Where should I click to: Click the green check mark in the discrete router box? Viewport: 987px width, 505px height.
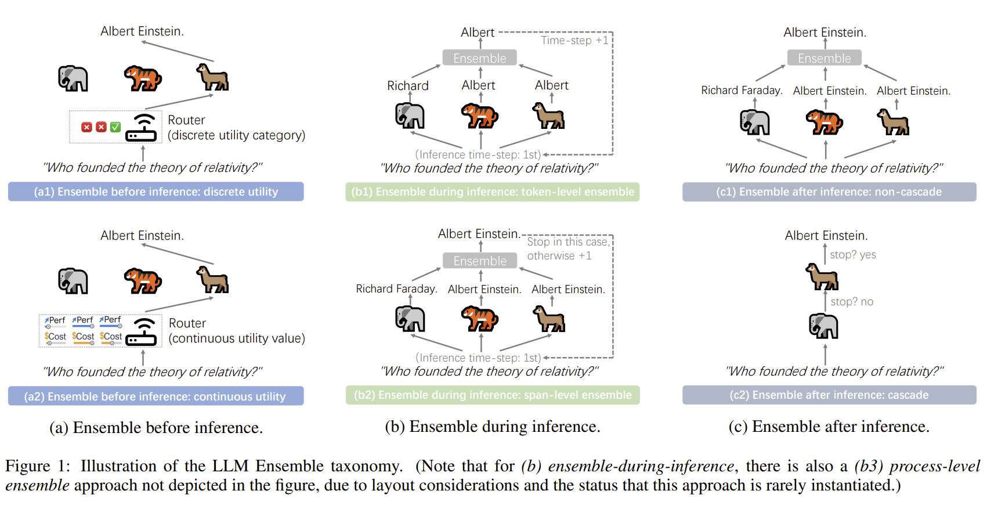pyautogui.click(x=115, y=127)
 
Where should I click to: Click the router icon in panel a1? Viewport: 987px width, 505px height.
pyautogui.click(x=141, y=128)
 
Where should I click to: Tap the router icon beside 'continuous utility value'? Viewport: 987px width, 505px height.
pyautogui.click(x=141, y=332)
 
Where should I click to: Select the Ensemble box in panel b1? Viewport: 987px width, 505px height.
pyautogui.click(x=479, y=57)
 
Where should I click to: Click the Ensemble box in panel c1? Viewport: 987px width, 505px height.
pyautogui.click(x=824, y=57)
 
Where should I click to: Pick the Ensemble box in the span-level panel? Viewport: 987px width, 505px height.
pyautogui.click(x=480, y=261)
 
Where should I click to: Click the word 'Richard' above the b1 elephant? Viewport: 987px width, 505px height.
pyautogui.click(x=407, y=85)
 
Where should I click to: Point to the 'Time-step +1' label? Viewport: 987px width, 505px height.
pyautogui.click(x=574, y=41)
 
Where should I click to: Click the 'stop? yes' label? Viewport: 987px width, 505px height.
pyautogui.click(x=852, y=255)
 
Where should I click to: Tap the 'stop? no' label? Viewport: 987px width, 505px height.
pyautogui.click(x=852, y=302)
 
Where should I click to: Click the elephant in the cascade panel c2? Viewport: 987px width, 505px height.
pyautogui.click(x=823, y=326)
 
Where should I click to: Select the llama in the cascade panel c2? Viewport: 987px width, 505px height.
pyautogui.click(x=822, y=277)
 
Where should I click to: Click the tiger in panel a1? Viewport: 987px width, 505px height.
pyautogui.click(x=143, y=78)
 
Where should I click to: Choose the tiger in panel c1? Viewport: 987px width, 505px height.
pyautogui.click(x=825, y=122)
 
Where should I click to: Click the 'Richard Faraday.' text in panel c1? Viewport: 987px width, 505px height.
pyautogui.click(x=742, y=91)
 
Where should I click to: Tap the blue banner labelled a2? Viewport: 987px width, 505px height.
pyautogui.click(x=156, y=396)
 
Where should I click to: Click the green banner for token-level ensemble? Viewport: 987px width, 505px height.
pyautogui.click(x=492, y=192)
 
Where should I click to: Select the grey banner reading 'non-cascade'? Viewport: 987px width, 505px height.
pyautogui.click(x=829, y=192)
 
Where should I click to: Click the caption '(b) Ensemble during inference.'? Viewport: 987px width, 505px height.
pyautogui.click(x=493, y=427)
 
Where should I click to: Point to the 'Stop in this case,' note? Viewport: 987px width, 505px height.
pyautogui.click(x=569, y=242)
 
